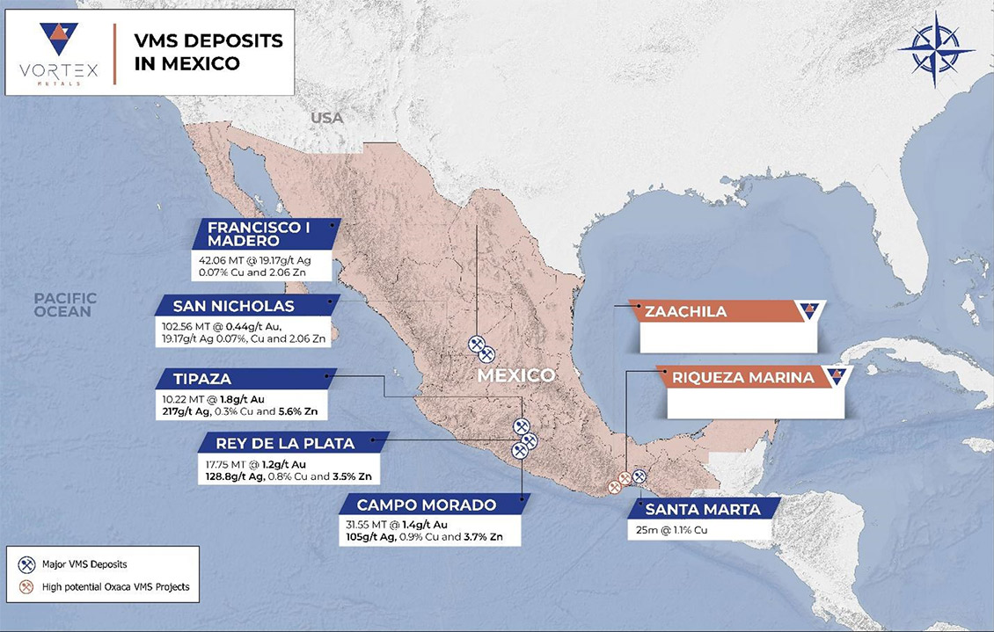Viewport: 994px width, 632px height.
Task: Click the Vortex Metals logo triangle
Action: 59,39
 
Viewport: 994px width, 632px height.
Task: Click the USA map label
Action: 326,118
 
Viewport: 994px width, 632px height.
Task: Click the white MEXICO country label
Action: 515,375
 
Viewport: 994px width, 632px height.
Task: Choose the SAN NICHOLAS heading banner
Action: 233,306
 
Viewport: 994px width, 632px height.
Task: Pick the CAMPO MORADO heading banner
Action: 427,505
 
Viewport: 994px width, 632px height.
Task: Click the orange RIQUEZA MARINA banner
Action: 743,379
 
